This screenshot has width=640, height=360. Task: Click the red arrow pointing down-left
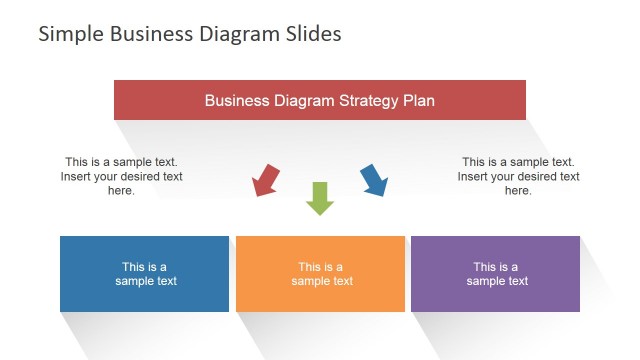coord(266,181)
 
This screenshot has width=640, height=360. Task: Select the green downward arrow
coord(319,198)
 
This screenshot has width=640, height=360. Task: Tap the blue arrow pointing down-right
coord(373,180)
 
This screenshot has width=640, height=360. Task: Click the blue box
coord(144,274)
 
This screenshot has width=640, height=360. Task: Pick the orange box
coord(320,274)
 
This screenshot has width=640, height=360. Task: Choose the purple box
coord(495,274)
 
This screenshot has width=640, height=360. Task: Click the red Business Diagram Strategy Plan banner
coord(320,100)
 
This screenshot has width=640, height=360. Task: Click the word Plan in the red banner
coord(419,101)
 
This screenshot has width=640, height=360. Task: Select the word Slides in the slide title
coord(312,34)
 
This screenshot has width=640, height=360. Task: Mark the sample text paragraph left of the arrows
coord(121,176)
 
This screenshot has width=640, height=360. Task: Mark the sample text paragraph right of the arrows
coord(518,176)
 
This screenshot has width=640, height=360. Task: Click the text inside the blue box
coord(145,274)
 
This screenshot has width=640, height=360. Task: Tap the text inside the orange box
coord(321,274)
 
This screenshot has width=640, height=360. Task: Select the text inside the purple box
coord(496,274)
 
